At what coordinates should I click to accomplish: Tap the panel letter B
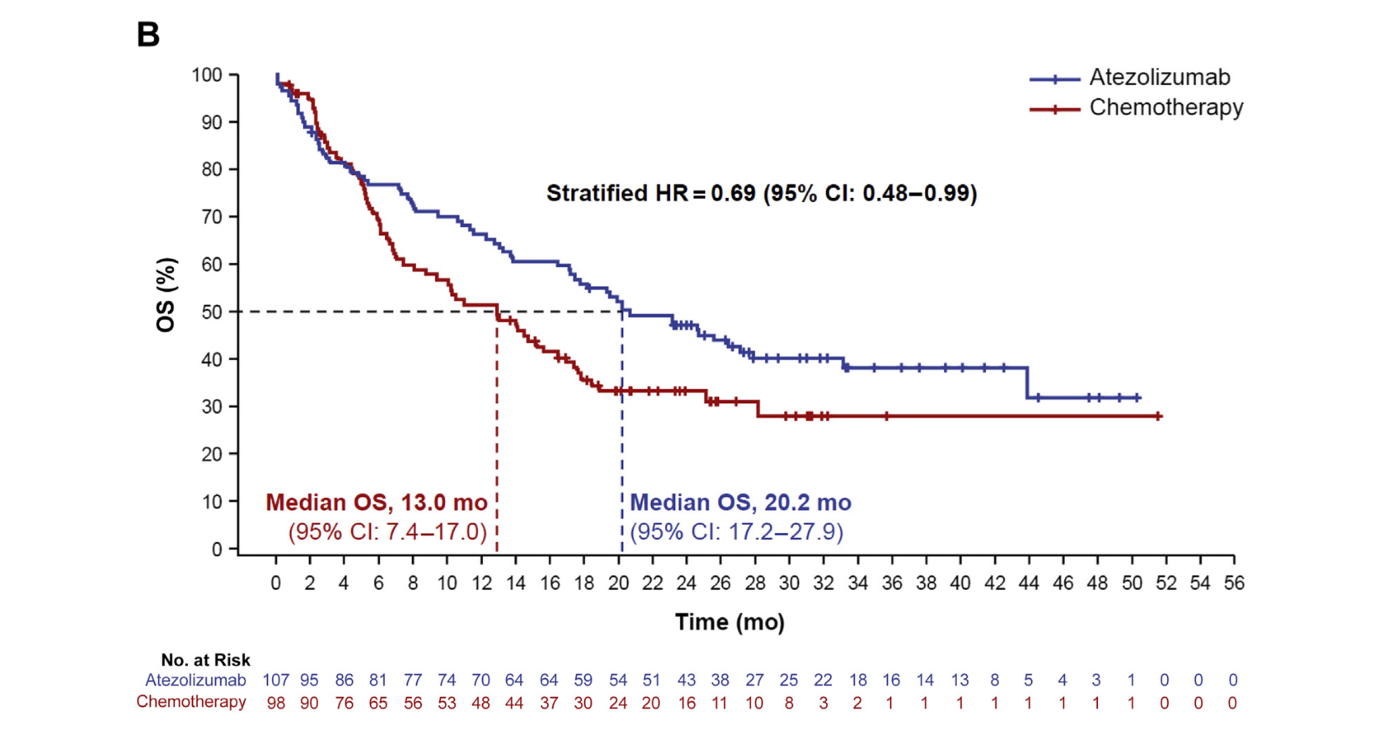[148, 34]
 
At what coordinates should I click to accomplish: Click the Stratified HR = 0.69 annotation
[761, 193]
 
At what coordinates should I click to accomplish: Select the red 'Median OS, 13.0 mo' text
[376, 503]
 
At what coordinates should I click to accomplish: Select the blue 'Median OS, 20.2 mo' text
[740, 503]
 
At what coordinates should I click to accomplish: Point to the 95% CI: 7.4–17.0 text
[387, 532]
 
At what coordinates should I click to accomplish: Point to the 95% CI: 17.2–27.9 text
[737, 532]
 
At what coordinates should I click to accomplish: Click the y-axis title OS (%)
[166, 295]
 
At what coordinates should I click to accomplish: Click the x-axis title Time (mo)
[729, 622]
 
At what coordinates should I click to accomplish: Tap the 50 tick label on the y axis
[211, 312]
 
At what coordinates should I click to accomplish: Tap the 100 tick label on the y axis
[207, 75]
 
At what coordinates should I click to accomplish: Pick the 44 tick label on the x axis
[1028, 583]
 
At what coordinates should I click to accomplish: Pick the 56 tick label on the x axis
[1234, 583]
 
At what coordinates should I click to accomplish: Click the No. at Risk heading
[205, 660]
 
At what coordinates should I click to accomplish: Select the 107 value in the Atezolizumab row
[276, 680]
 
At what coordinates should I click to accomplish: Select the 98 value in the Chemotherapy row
[276, 703]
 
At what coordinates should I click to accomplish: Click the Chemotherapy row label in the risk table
[191, 702]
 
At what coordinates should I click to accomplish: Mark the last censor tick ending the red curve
[1158, 416]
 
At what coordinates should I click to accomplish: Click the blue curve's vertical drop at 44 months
[1027, 383]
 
